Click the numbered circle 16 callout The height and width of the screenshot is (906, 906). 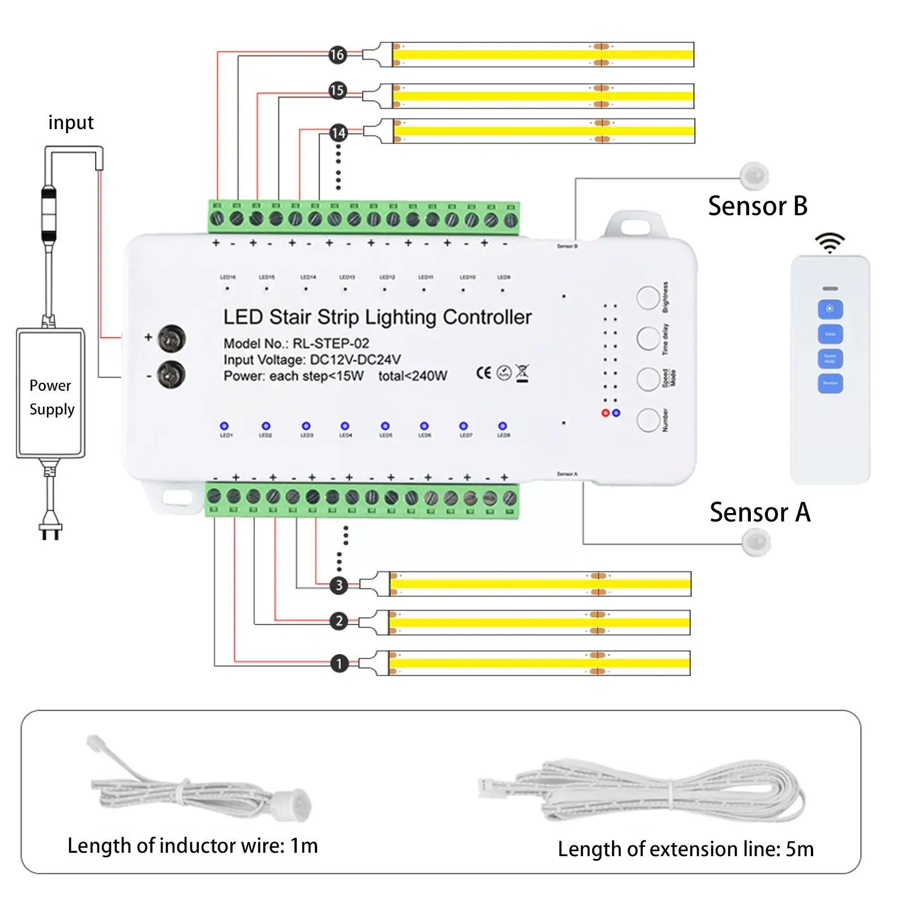(x=337, y=54)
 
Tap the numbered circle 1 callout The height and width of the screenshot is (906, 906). (x=339, y=663)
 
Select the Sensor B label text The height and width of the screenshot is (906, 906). (x=758, y=206)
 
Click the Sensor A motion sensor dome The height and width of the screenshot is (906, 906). (x=756, y=542)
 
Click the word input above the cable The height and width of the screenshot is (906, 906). (x=71, y=123)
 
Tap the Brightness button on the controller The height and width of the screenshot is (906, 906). (x=648, y=297)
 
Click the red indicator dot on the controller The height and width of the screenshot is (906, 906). (x=605, y=413)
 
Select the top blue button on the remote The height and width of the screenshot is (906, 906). (x=830, y=309)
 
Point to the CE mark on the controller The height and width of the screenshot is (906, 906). (x=484, y=373)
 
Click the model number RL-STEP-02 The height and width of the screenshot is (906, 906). (x=331, y=344)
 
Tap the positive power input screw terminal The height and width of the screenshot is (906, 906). (x=172, y=339)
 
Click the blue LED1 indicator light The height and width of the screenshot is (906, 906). (x=224, y=426)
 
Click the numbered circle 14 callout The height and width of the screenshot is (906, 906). (x=339, y=133)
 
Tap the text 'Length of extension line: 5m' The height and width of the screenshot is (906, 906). (x=686, y=849)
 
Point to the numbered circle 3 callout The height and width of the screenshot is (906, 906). (x=339, y=585)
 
